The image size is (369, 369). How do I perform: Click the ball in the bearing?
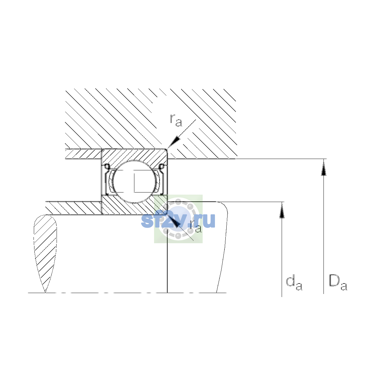point(135,181)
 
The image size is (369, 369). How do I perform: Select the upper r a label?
point(176,121)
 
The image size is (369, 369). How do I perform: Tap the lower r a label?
point(196,226)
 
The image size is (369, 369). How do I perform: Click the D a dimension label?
point(338,285)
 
